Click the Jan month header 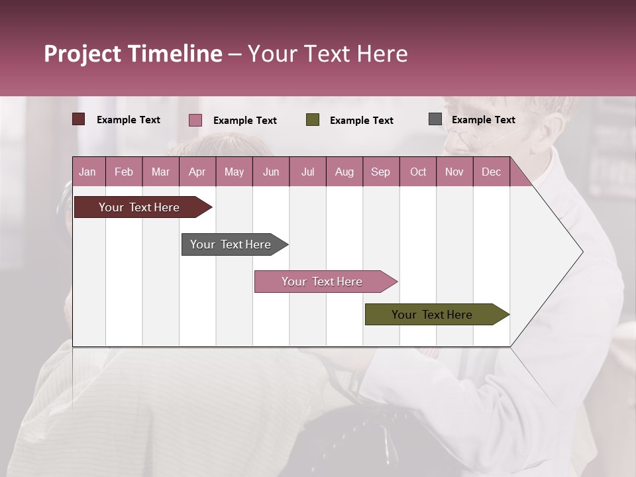coord(87,172)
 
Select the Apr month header coord(197,172)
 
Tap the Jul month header coord(307,172)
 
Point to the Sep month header coord(380,172)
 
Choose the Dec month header coord(491,172)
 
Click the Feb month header coord(124,172)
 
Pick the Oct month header coord(418,172)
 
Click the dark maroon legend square coord(79,119)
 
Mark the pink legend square coord(195,120)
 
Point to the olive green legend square coord(313,120)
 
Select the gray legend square coord(435,119)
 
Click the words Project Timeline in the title coord(133,54)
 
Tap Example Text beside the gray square coord(483,120)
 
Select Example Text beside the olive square coord(361,121)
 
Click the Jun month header coord(271,172)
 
